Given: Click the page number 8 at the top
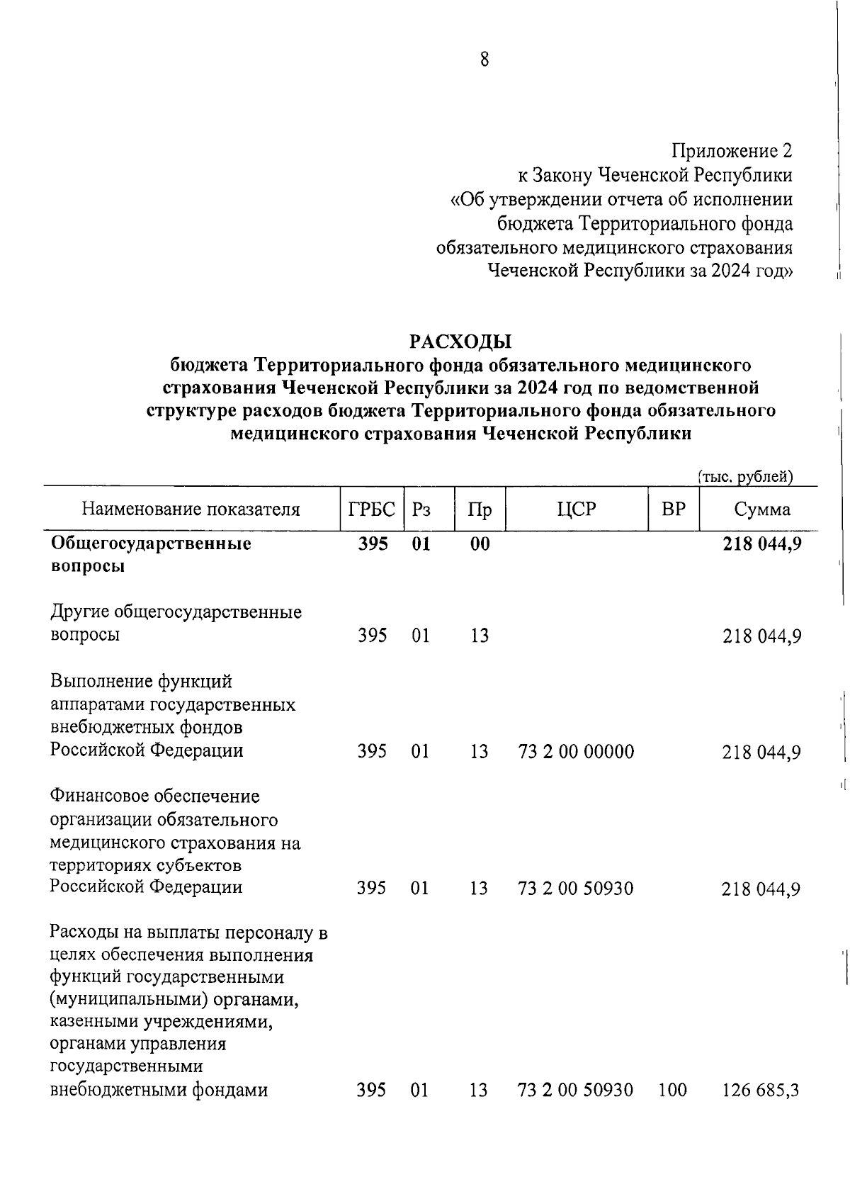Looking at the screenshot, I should click(484, 60).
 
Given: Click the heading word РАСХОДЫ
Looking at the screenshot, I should click(460, 342).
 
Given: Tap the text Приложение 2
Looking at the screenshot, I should click(732, 151).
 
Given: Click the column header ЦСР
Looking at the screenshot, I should click(577, 509).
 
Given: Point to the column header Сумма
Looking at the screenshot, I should click(761, 509).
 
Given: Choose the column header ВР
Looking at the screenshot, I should click(673, 509).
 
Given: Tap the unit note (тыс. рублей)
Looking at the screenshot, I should click(745, 477).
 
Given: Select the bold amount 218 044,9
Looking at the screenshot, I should click(761, 544).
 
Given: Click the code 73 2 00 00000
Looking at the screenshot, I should click(576, 751).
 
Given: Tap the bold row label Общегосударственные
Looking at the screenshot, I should click(152, 544).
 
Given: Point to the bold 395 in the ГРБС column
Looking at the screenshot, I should click(372, 544).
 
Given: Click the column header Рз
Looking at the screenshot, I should click(421, 509).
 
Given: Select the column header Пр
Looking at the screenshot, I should click(480, 509).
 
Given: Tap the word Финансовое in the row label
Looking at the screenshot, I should click(103, 796).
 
